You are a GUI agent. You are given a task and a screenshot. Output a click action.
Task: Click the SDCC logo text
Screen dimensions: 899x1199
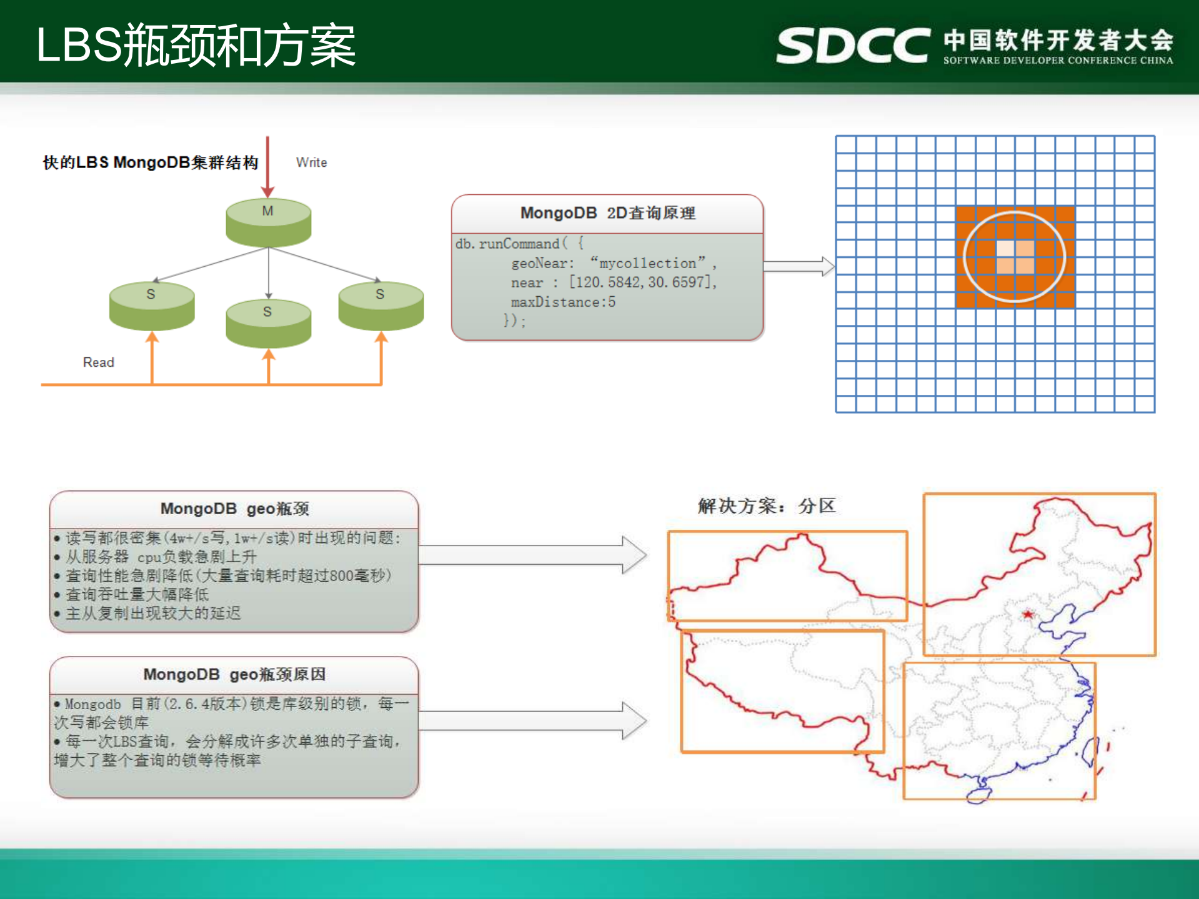(x=852, y=45)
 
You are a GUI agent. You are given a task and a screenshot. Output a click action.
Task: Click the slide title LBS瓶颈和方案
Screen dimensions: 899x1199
(x=196, y=45)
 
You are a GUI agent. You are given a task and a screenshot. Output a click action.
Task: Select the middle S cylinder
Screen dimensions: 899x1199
(x=268, y=324)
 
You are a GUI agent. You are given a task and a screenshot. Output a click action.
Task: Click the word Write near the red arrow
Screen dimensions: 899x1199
(x=311, y=162)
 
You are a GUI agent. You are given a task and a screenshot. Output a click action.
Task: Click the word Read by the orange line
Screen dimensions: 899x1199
(x=98, y=362)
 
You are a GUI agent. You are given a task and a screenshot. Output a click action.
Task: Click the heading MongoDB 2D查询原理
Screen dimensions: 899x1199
(x=607, y=213)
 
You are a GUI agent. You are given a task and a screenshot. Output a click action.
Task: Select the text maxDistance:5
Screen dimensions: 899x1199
(x=563, y=302)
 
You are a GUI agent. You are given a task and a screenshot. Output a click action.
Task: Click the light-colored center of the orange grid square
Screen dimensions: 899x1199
(x=1015, y=257)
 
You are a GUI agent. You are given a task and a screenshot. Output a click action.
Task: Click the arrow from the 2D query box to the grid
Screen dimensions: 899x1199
(x=799, y=266)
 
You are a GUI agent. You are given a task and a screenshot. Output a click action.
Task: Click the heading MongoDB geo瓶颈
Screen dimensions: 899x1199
(x=234, y=509)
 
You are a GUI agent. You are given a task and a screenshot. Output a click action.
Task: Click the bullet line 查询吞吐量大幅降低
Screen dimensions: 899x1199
(x=137, y=594)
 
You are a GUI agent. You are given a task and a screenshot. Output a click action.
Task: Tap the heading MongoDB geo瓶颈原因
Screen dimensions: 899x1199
(x=234, y=674)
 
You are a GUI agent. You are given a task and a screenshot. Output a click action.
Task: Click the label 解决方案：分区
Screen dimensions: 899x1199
(x=766, y=505)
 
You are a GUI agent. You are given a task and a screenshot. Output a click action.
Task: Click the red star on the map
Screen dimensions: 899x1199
(x=1027, y=615)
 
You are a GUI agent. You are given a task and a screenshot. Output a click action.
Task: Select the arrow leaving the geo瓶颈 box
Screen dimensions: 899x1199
(x=531, y=554)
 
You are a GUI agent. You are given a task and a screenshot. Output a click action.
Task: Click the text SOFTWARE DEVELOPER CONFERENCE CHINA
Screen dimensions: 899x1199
(x=1058, y=61)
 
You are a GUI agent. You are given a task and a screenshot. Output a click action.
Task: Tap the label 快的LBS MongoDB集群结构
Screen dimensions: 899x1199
(x=150, y=162)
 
